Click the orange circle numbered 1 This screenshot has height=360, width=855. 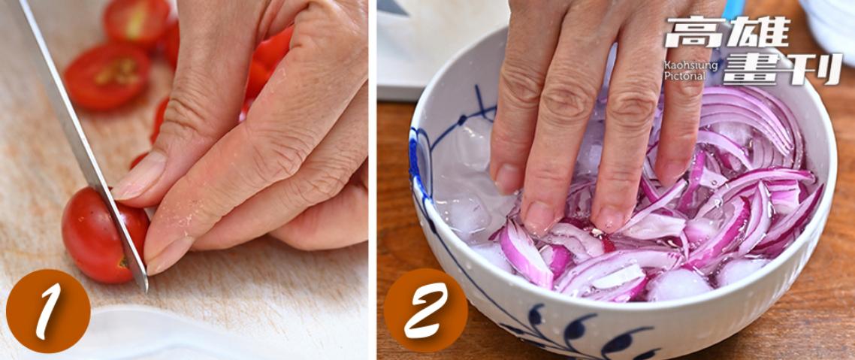point(48,311)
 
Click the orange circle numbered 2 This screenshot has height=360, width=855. point(426,310)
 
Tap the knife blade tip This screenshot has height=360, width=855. point(146,289)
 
